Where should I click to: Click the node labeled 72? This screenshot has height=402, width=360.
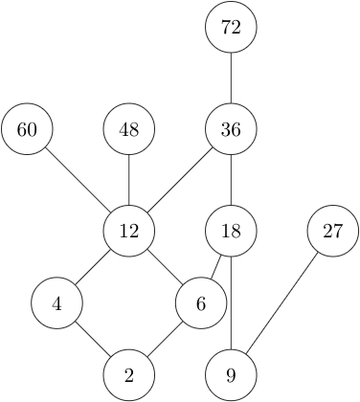(231, 28)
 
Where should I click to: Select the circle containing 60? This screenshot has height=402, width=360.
(28, 129)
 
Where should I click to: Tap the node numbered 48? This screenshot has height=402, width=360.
(129, 129)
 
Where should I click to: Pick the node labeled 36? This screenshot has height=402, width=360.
(231, 129)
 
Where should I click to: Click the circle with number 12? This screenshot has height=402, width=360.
(129, 231)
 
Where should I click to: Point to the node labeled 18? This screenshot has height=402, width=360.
(231, 231)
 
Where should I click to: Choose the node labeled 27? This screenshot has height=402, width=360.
(332, 231)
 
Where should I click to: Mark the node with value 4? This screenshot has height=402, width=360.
(56, 304)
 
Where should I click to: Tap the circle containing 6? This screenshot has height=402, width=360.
(201, 304)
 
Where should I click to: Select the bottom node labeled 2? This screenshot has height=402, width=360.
(129, 375)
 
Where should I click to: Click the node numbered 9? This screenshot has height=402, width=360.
(231, 375)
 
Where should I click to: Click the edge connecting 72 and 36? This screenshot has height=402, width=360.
(231, 78)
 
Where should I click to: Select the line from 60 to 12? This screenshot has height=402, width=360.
(79, 180)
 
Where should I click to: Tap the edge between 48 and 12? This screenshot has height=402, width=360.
(129, 180)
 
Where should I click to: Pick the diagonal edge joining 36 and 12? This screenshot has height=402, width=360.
(180, 180)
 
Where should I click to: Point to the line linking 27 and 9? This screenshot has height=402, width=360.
(281, 302)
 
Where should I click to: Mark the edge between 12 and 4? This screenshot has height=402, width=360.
(93, 268)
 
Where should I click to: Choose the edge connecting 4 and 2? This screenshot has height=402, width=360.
(93, 340)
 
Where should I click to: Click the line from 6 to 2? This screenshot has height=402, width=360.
(166, 340)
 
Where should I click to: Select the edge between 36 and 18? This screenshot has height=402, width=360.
(231, 180)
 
